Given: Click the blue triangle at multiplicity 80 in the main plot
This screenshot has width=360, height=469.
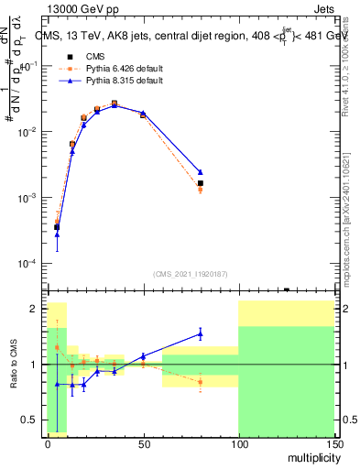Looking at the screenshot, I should point(200,172).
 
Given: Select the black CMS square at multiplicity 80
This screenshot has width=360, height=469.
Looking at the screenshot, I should point(200,183).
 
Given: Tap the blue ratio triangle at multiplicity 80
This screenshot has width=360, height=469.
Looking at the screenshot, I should point(200,333).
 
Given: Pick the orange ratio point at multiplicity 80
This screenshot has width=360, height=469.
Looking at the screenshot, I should point(200,381).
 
